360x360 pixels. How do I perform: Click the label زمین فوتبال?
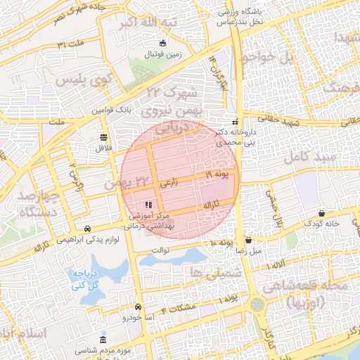coord(163,54)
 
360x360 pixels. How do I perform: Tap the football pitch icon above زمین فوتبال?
coord(163,44)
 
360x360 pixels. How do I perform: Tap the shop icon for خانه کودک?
coord(322,213)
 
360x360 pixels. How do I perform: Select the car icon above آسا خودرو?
coord(138,307)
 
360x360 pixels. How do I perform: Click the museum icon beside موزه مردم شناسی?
coord(103,340)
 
